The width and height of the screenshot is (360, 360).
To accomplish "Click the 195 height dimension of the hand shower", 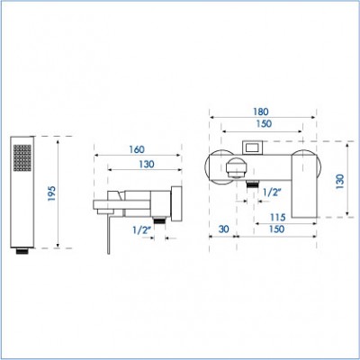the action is tap(52, 193).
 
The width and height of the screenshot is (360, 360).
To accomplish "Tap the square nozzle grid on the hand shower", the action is tap(22, 158).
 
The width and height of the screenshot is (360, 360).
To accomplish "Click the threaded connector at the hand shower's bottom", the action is tap(22, 251).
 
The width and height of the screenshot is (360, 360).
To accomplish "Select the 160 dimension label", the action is tap(137, 149).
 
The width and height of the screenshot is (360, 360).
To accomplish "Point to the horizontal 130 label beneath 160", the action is tap(147, 164).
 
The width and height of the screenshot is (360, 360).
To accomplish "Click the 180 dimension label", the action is tap(261, 112).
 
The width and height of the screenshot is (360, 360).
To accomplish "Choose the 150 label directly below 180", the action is tap(264, 123).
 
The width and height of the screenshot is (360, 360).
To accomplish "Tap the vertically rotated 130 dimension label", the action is tap(340, 181).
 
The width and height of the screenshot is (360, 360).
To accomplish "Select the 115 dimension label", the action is tap(277, 217).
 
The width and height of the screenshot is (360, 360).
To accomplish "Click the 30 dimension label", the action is tap(223, 229).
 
